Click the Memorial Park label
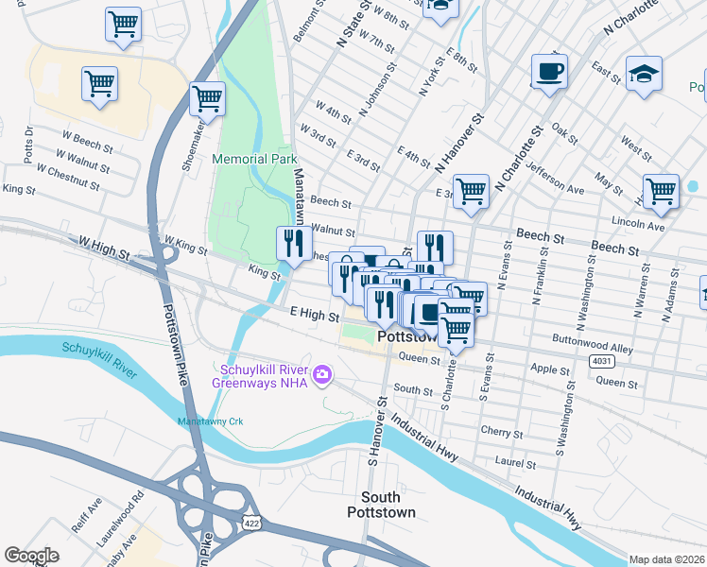pos(255,160)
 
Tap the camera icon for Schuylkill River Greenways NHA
pos(323,376)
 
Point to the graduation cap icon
pos(644,76)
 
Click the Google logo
pos(31,556)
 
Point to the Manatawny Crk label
pos(212,421)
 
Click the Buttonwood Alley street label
pos(593,349)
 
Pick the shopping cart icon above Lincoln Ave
pos(661,192)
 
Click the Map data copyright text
pos(666,558)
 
